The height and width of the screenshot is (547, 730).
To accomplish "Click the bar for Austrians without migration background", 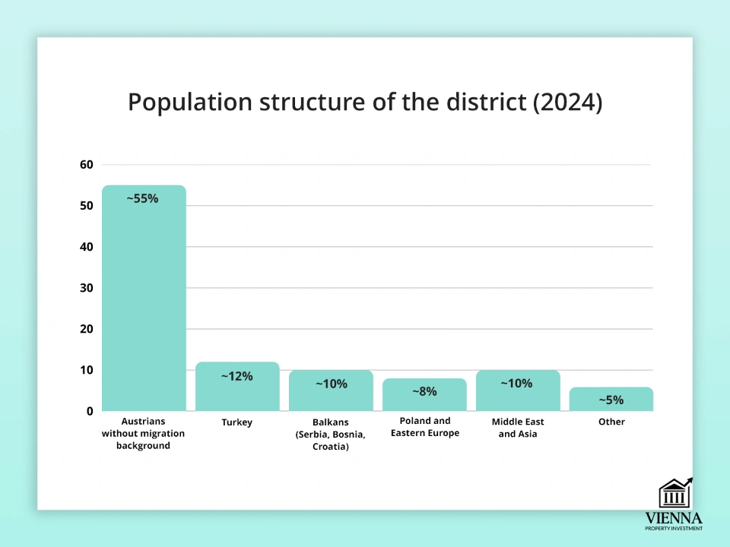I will (x=144, y=304).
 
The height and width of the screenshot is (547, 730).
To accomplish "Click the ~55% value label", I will (x=142, y=198).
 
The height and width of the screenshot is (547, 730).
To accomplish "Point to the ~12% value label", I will (x=236, y=376).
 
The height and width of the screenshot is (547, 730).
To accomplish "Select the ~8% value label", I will (x=424, y=391).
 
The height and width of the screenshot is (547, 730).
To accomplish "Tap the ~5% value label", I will (x=611, y=400).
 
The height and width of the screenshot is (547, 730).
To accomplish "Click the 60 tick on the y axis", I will (x=86, y=165).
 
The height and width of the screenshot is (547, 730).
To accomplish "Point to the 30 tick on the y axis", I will (x=86, y=288).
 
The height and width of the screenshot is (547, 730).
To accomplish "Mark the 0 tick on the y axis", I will (x=89, y=411).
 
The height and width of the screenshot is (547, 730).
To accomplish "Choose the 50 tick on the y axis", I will (x=86, y=206).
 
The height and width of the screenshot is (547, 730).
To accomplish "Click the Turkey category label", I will (x=237, y=422).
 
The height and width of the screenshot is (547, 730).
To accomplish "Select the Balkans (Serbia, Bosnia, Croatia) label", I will (x=331, y=434).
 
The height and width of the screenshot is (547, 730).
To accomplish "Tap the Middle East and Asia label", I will (x=518, y=428).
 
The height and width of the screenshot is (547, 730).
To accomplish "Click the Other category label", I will (x=611, y=422).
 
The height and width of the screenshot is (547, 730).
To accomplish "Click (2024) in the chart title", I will (x=567, y=103).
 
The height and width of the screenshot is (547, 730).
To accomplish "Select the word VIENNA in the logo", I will (x=674, y=517).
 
